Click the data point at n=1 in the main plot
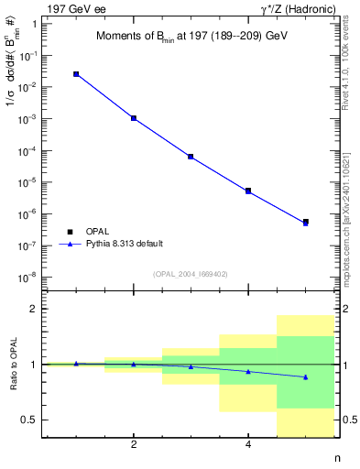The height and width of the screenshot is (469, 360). (76, 74)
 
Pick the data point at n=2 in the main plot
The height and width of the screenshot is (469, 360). (134, 118)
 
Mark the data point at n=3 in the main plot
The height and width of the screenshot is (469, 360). (191, 157)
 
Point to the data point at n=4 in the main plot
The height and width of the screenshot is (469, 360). (248, 191)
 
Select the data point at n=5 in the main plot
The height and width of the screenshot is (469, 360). (306, 222)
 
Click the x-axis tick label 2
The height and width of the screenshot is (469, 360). (134, 445)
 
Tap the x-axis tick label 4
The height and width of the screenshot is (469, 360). (248, 445)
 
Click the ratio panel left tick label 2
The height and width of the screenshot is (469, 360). (39, 310)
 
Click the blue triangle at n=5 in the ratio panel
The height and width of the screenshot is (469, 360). (306, 377)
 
